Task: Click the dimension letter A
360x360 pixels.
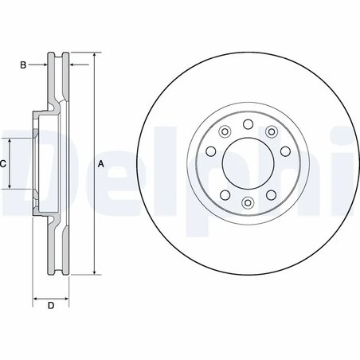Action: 100,164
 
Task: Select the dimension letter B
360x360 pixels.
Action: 24,64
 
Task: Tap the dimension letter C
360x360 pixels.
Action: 4,163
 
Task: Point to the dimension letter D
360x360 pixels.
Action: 50,305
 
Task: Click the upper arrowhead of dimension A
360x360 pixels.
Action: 94,56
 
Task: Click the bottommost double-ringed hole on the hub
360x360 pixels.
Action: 247,205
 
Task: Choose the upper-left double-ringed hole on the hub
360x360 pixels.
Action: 225,133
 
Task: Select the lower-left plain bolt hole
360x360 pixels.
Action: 225,196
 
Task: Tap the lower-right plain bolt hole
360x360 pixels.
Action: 268,196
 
